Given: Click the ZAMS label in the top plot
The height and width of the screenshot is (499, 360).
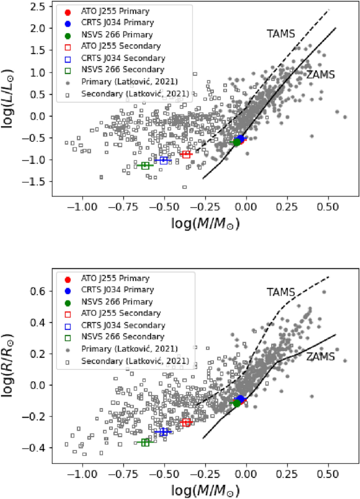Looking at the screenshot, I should click(322, 75).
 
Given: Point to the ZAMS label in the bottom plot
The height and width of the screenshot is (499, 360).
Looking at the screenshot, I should click(320, 356).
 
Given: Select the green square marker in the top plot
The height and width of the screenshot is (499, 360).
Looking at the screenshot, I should click(145, 165).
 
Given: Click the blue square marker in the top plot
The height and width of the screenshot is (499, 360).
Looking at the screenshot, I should click(163, 160).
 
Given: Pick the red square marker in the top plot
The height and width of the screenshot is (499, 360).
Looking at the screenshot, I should click(186, 154).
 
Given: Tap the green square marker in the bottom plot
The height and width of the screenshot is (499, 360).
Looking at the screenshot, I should click(145, 442).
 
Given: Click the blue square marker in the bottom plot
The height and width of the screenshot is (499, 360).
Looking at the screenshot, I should click(163, 432).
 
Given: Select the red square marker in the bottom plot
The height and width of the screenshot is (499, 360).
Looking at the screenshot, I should click(186, 422).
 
